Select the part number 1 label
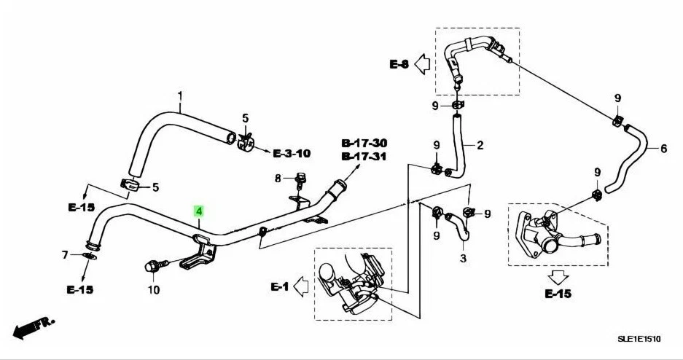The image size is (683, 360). click(180, 95)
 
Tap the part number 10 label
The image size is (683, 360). click(153, 290)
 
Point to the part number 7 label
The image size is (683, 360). click(65, 255)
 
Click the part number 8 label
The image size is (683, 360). click(277, 179)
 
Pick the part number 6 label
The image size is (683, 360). click(663, 149)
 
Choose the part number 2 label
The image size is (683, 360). click(480, 146)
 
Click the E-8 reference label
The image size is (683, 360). click(399, 65)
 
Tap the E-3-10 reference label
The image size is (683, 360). click(292, 154)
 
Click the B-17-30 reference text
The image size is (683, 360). click(364, 144)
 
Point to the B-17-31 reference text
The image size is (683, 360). click(364, 156)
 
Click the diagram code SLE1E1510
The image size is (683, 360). click(638, 340)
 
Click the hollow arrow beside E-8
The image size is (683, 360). click(424, 65)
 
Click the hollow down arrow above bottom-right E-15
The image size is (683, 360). click(558, 277)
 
